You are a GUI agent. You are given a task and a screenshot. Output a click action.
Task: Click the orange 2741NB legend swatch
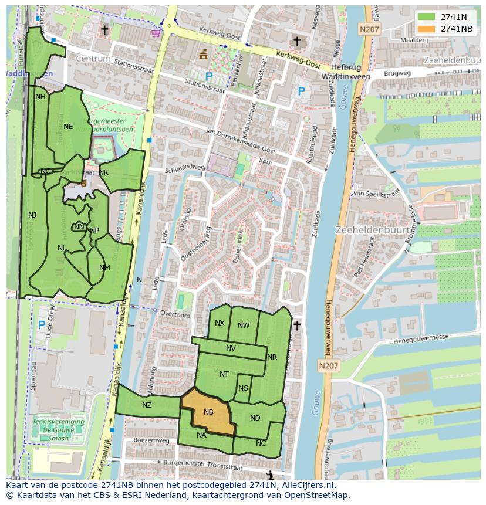(x=427, y=29)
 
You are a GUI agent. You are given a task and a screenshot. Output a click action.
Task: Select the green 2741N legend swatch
(x=427, y=17)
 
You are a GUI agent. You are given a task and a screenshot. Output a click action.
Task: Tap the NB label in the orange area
(x=208, y=412)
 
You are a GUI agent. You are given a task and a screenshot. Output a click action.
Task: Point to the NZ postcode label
(x=147, y=405)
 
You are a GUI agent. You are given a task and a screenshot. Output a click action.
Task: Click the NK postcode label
(x=104, y=172)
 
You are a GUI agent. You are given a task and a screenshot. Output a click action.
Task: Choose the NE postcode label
(x=68, y=126)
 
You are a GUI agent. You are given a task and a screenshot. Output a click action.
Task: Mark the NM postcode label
(x=104, y=268)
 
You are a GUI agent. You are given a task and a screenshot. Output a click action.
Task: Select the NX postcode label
(x=220, y=323)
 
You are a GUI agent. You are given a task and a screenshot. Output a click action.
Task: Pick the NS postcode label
(x=243, y=388)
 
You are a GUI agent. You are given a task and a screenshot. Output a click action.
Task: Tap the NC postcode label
(x=261, y=443)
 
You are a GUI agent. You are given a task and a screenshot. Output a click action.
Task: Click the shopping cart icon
(x=156, y=33)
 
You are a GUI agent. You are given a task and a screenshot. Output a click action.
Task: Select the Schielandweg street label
(x=185, y=167)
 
